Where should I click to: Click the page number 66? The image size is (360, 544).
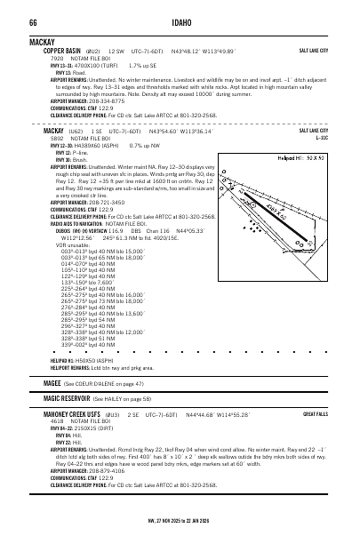click(33, 21)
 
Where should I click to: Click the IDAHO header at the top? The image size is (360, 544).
click(180, 21)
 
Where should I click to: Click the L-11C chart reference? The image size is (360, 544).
click(321, 138)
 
